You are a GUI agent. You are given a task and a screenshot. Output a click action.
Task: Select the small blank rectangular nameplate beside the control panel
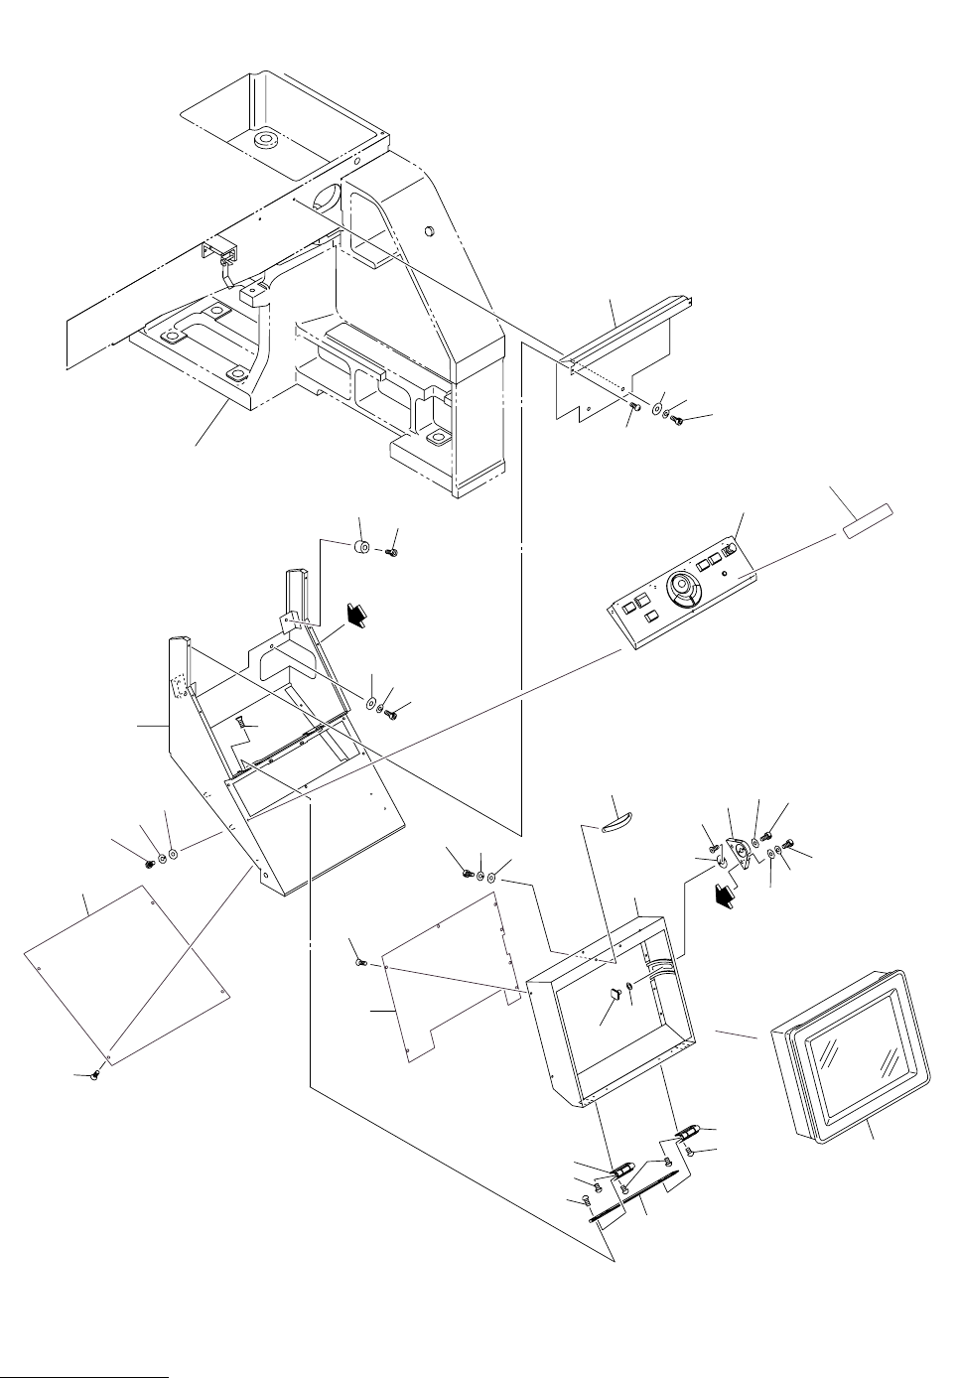(869, 523)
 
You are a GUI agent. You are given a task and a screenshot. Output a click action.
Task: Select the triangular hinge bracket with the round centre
(739, 852)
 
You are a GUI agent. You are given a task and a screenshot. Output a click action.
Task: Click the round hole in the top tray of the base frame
(266, 140)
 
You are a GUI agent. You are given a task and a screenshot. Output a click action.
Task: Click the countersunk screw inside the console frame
(241, 728)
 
